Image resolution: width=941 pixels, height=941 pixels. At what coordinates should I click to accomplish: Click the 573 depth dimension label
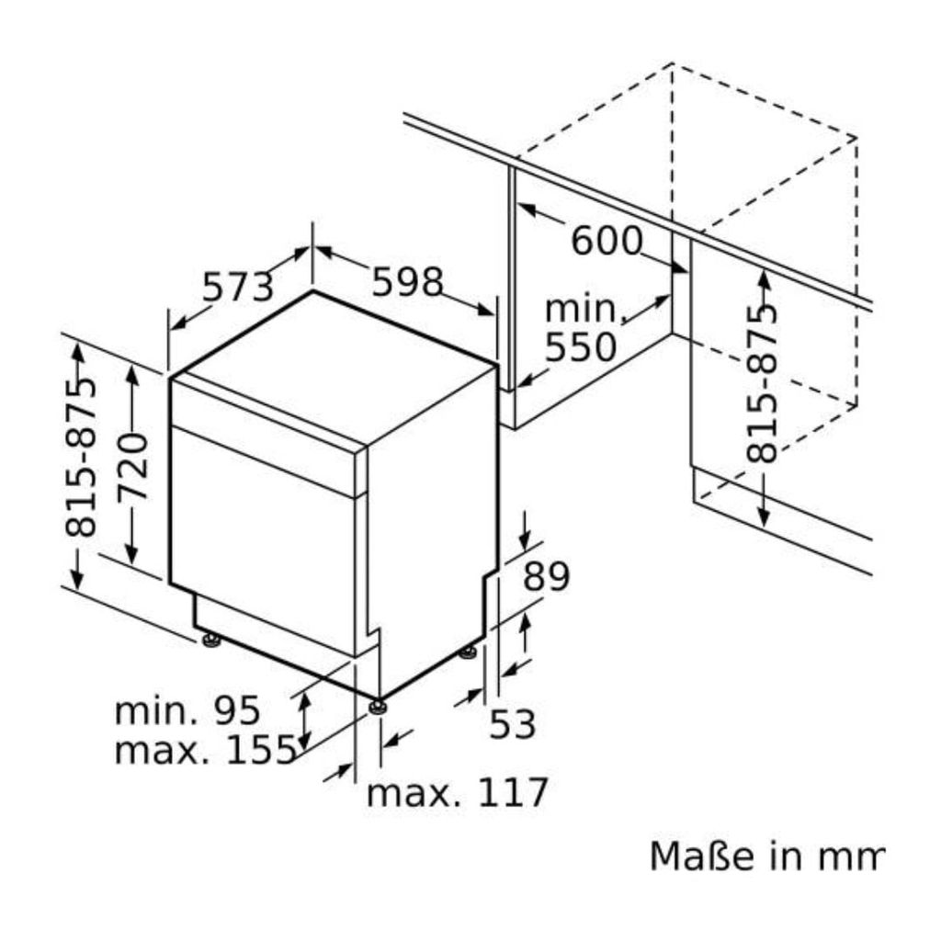tap(238, 288)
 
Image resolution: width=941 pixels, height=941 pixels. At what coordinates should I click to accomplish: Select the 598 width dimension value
tap(407, 282)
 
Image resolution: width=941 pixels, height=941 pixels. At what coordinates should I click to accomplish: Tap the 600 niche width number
tap(607, 242)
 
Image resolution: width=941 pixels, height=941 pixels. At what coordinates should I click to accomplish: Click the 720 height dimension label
tap(134, 466)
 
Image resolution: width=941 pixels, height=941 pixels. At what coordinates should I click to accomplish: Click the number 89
tap(547, 577)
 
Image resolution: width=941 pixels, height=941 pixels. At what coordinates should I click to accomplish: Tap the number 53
tap(512, 725)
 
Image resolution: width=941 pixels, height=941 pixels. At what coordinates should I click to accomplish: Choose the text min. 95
tap(187, 710)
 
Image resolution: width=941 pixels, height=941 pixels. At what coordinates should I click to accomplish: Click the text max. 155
tap(205, 751)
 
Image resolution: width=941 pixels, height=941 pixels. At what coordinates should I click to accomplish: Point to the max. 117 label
tap(457, 792)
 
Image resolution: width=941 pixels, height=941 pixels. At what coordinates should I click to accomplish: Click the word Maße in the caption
tap(694, 856)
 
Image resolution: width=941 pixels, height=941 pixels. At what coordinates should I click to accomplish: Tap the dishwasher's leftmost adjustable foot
tap(212, 641)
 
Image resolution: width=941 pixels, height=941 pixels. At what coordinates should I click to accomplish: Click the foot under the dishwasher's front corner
tap(378, 706)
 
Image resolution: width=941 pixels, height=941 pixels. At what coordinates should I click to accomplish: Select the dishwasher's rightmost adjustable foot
tap(470, 652)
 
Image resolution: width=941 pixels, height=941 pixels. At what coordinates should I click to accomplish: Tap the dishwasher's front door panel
tap(262, 542)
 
